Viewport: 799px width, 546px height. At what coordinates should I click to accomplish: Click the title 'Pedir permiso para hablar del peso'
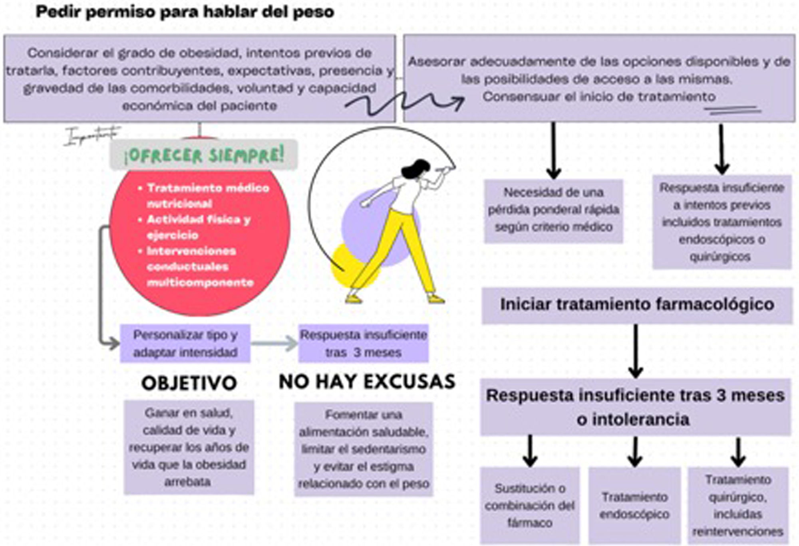pyautogui.click(x=185, y=12)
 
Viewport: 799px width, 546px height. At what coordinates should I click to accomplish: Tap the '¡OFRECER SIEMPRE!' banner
pyautogui.click(x=204, y=155)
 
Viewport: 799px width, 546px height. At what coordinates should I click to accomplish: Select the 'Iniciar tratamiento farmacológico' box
pyautogui.click(x=637, y=305)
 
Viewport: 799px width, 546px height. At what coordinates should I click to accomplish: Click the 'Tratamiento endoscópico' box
pyautogui.click(x=634, y=506)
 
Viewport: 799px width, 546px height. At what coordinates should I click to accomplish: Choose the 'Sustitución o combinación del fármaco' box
pyautogui.click(x=530, y=506)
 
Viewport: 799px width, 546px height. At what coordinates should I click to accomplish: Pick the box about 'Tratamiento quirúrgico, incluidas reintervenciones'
pyautogui.click(x=737, y=506)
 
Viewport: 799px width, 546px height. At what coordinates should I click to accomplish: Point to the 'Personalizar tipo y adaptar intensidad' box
pyautogui.click(x=185, y=344)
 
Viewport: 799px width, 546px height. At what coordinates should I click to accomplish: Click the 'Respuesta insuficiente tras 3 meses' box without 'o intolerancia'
pyautogui.click(x=363, y=344)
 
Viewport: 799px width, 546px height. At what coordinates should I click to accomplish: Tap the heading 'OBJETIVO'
pyautogui.click(x=189, y=383)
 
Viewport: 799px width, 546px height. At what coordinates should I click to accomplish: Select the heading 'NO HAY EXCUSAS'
pyautogui.click(x=367, y=382)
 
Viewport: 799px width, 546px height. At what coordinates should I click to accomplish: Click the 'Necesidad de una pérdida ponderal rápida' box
pyautogui.click(x=553, y=210)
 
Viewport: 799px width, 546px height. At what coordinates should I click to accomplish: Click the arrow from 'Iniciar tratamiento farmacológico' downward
pyautogui.click(x=636, y=351)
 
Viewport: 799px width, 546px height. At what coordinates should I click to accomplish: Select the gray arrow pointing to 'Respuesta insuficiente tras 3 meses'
pyautogui.click(x=274, y=343)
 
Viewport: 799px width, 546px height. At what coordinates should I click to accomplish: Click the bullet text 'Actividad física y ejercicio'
pyautogui.click(x=198, y=227)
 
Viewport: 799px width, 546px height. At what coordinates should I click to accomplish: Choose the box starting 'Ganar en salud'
pyautogui.click(x=189, y=447)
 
